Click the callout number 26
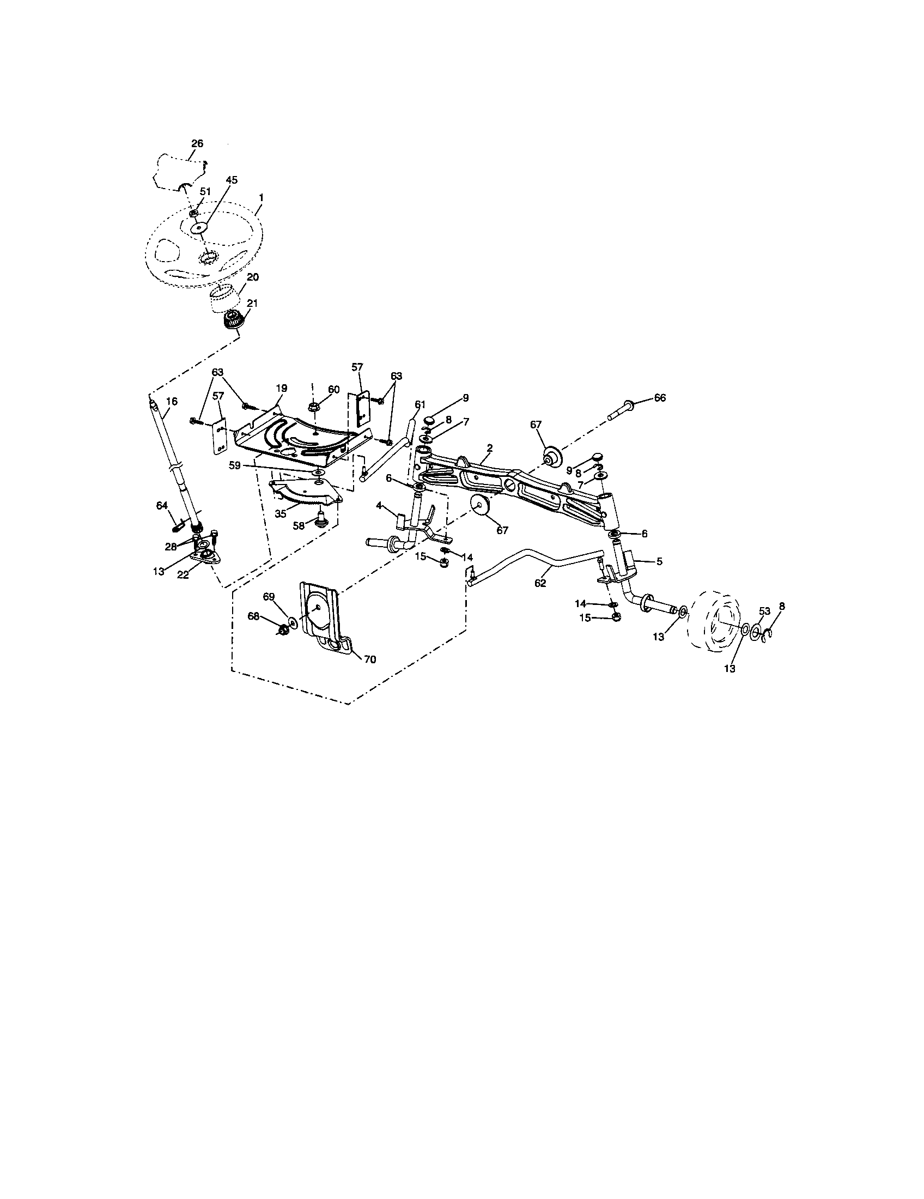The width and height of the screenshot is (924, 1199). (197, 143)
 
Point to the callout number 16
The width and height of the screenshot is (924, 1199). (172, 401)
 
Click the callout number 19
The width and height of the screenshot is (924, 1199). (282, 387)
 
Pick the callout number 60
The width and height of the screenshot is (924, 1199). (334, 389)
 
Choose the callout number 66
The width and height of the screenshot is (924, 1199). (660, 397)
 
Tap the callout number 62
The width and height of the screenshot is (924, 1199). (540, 583)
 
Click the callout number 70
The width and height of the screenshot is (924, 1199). (370, 659)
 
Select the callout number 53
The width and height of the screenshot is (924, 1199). (765, 611)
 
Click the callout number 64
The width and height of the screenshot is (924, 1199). (161, 505)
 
